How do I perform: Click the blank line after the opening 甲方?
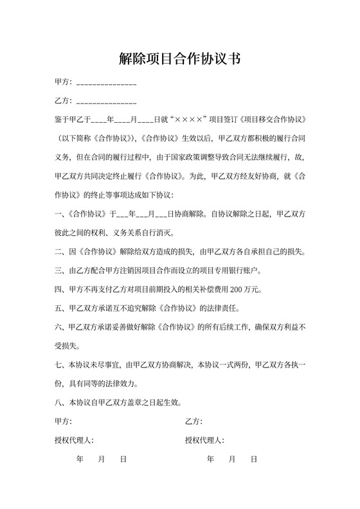click(x=106, y=84)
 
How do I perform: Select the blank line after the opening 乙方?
click(x=106, y=102)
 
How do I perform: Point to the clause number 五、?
click(x=59, y=307)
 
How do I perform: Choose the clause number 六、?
click(x=59, y=326)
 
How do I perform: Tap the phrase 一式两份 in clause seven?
click(x=230, y=364)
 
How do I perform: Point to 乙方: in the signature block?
click(x=194, y=422)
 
